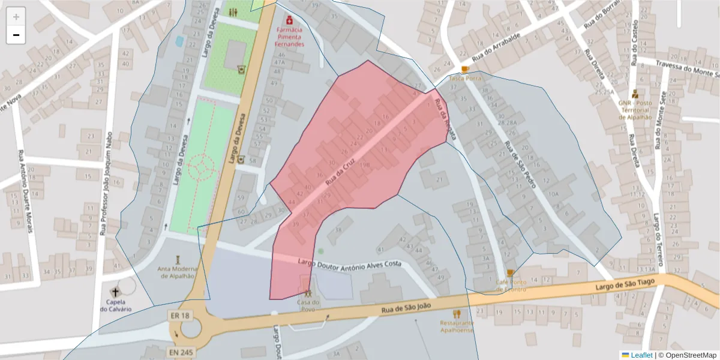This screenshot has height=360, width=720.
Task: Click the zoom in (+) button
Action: (x=16, y=17)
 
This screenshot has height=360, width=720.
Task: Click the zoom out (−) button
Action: (x=16, y=35)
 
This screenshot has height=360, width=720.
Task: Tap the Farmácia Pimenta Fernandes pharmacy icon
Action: (x=289, y=19)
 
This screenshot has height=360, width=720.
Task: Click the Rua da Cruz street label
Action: (x=341, y=172)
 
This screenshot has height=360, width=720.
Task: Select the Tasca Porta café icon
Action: (x=465, y=70)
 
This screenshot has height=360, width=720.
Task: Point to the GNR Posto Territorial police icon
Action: (x=635, y=94)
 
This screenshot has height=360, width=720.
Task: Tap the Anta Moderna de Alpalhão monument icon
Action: (x=177, y=259)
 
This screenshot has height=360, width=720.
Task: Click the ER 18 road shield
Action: (x=179, y=316)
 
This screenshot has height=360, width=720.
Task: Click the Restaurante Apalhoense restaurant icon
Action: (x=457, y=313)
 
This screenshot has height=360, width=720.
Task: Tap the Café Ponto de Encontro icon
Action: (x=510, y=273)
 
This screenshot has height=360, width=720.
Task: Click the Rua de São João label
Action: (x=406, y=307)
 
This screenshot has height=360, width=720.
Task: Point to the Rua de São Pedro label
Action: (x=520, y=165)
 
